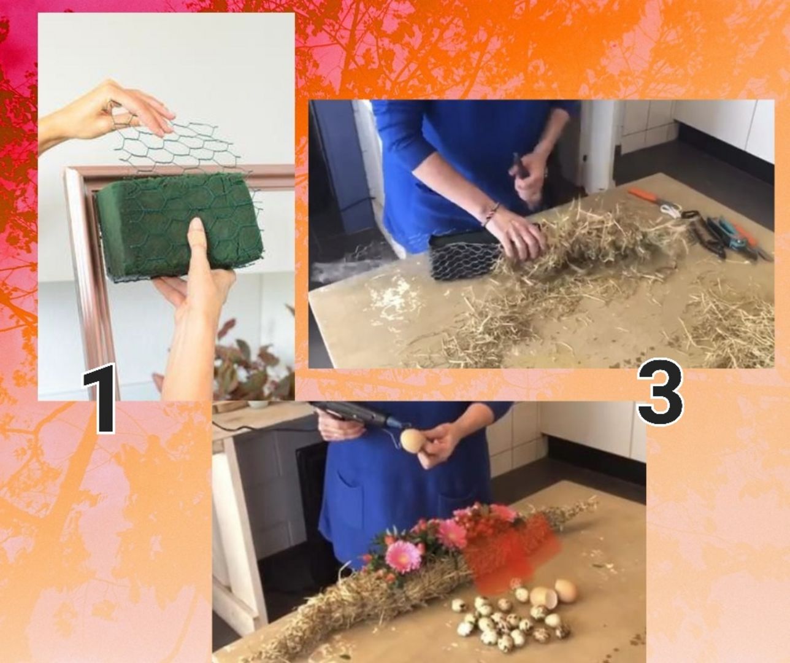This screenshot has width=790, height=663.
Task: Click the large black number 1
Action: point(100,397)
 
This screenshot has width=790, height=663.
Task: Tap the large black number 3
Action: point(660,392)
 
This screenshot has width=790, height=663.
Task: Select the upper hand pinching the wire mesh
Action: point(106,114)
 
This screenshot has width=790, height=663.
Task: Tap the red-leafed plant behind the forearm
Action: point(242,363)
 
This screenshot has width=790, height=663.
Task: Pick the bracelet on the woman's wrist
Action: point(491,213)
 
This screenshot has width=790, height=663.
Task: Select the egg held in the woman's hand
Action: point(409,440)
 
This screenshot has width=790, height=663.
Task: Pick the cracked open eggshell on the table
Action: point(543,598)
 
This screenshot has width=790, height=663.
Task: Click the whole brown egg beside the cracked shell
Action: point(566,590)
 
